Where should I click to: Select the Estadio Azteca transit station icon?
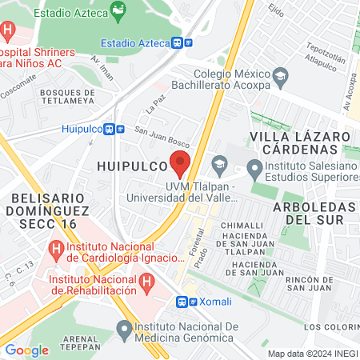click(x=188, y=43)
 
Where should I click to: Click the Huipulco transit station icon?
click(x=120, y=128)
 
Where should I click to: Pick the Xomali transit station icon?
click(x=184, y=302)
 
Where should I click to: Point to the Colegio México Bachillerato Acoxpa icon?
click(x=280, y=78)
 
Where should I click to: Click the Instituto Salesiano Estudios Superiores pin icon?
click(x=254, y=168)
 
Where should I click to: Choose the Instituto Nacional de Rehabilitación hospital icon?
click(x=146, y=282)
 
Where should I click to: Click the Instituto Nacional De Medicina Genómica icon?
click(x=124, y=328)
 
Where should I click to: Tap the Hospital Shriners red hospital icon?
click(x=8, y=33)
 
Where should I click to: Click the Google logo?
click(x=26, y=350)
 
